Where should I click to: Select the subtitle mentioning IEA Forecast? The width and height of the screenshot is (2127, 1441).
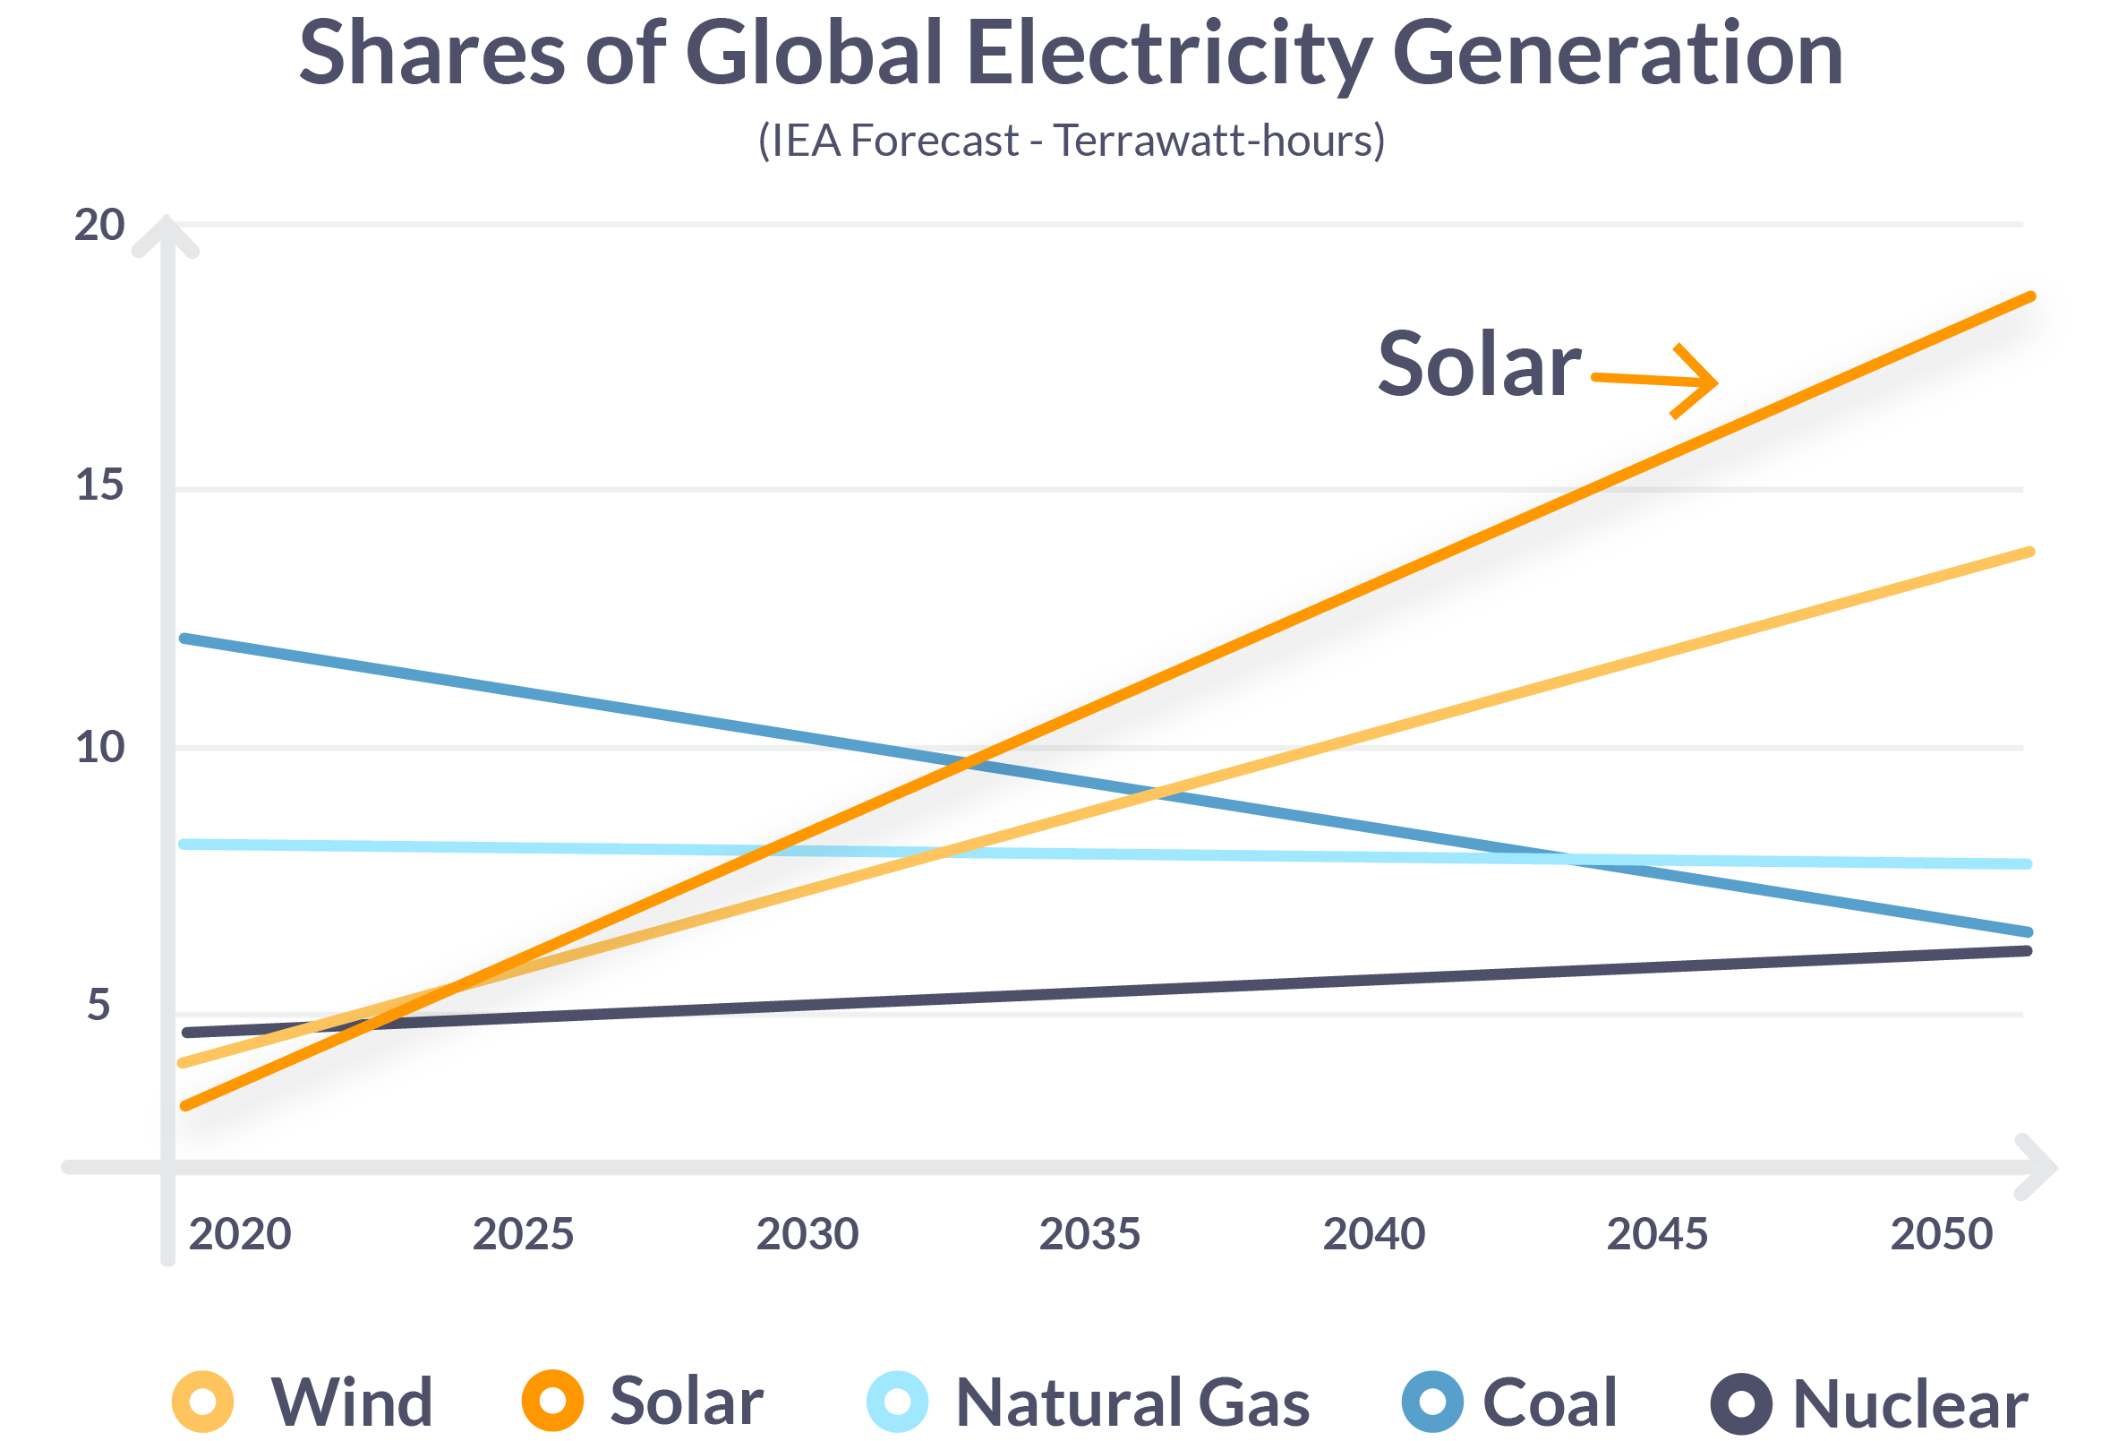[x=1071, y=141]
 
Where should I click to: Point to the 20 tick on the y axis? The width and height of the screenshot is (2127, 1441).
[x=98, y=225]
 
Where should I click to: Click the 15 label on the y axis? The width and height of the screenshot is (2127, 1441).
[x=98, y=485]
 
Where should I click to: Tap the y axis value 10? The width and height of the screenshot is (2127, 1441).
[x=98, y=748]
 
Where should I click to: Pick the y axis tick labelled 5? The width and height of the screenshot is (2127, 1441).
[x=98, y=1006]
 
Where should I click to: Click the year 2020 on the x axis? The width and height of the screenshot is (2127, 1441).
[x=240, y=1235]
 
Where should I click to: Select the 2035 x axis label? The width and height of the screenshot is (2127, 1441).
[x=1089, y=1235]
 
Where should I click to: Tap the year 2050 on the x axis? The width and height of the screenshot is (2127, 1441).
[x=1940, y=1235]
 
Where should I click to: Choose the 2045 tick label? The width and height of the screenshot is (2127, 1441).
[x=1656, y=1235]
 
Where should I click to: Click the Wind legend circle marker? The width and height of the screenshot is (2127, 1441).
[x=203, y=1402]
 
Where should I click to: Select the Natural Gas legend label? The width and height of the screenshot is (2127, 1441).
[x=1132, y=1403]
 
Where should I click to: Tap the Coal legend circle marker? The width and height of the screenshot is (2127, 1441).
[x=1432, y=1402]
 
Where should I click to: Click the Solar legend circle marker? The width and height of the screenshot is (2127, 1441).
[x=553, y=1402]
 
